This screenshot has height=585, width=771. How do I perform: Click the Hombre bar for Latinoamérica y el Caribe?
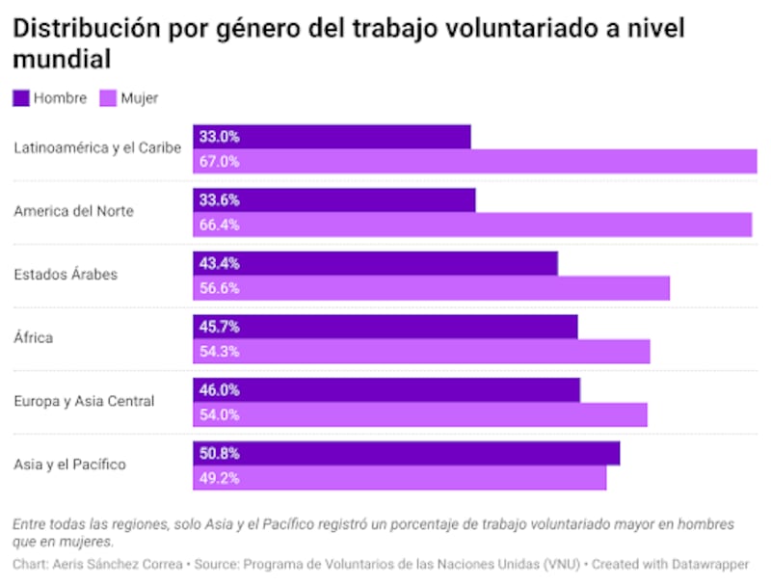332,137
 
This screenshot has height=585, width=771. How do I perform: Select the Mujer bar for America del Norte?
472,225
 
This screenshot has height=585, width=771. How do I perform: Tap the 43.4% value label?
219,264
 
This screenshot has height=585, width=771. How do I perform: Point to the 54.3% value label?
219,352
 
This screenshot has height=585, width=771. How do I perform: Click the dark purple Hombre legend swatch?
21,97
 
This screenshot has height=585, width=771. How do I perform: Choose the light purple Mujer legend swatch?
108,97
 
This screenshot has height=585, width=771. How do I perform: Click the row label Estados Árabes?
66,275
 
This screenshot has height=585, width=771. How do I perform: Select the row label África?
34,338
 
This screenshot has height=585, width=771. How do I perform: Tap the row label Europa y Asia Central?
84,401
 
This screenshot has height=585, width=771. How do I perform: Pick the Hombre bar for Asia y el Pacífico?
406,453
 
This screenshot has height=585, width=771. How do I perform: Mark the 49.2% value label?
219,478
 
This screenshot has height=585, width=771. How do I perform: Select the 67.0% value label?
219,162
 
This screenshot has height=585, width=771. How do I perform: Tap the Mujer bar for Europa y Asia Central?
420,414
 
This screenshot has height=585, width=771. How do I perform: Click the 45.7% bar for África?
385,327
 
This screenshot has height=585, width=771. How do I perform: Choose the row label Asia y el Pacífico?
69,465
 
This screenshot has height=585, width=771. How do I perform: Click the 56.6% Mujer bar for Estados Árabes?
431,288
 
